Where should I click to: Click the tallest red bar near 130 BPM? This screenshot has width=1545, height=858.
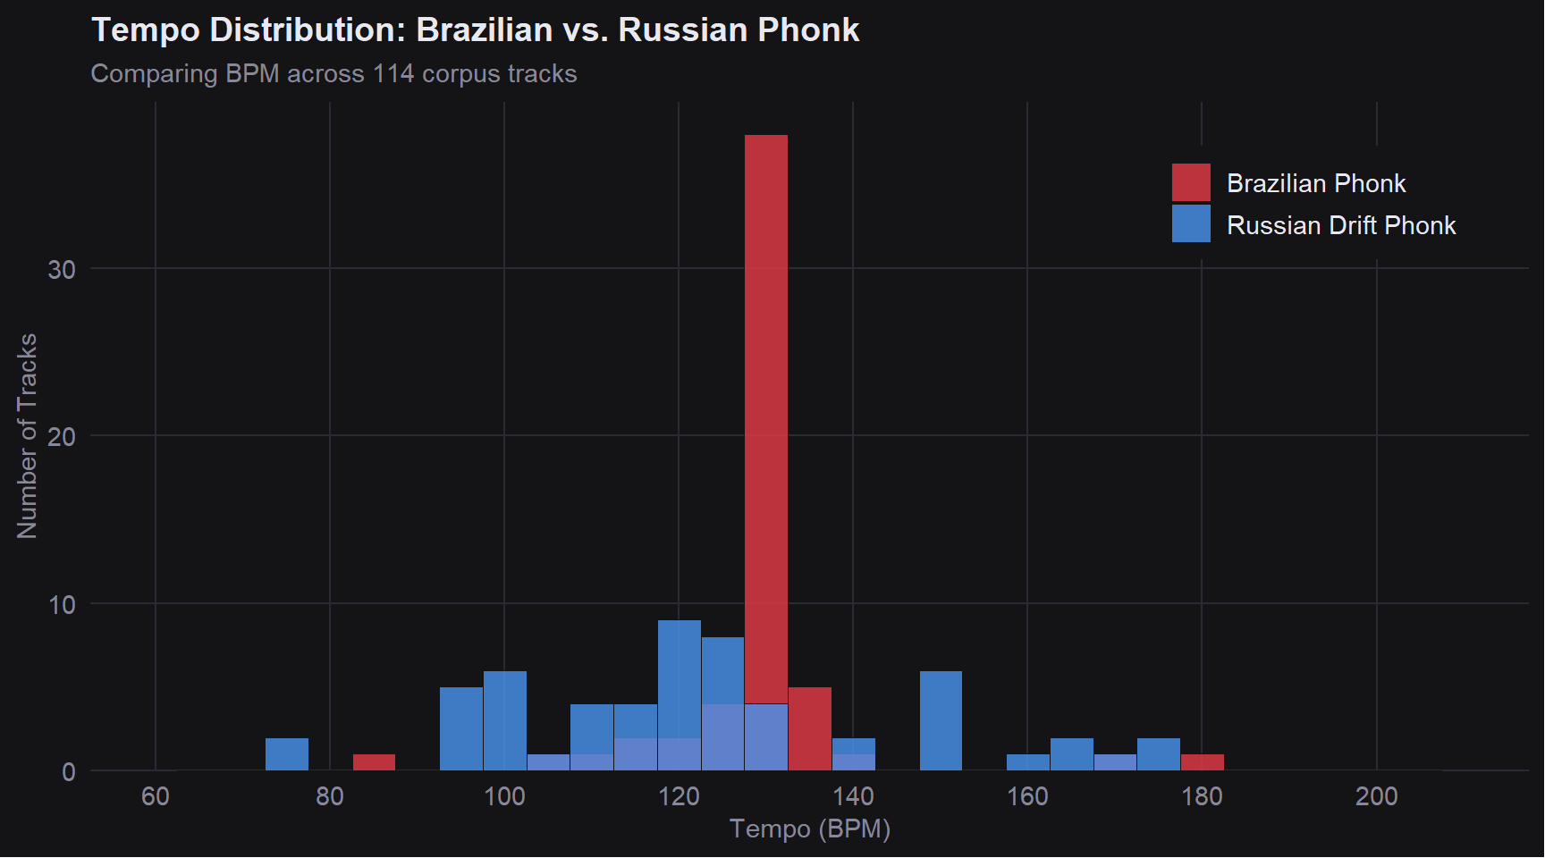pos(766,402)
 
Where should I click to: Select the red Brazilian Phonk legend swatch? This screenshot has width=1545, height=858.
pos(1191,182)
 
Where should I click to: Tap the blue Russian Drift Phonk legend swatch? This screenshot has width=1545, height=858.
pos(1191,224)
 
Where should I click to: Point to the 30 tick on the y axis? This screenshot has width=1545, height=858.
pos(62,269)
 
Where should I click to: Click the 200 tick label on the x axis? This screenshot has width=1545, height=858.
pos(1376,796)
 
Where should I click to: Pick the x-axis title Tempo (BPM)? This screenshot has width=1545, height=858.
pos(810,829)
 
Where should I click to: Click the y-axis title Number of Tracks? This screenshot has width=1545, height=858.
pos(28,436)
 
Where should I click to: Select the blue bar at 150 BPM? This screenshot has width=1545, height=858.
pos(941,720)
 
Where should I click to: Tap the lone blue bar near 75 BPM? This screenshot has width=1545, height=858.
pos(287,754)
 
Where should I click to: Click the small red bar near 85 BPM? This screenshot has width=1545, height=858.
pos(374,762)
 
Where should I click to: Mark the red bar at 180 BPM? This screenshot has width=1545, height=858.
pos(1203,762)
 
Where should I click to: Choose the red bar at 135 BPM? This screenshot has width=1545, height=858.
pos(810,728)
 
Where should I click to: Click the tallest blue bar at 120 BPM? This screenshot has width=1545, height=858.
pos(680,679)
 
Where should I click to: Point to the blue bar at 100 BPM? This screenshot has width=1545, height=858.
pos(505,720)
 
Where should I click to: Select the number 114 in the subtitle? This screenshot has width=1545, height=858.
pos(393,73)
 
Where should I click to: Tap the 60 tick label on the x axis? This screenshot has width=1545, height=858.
pos(156,796)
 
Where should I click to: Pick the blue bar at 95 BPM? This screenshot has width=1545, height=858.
pos(461,728)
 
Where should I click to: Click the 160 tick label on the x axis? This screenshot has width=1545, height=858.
pos(1027,796)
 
